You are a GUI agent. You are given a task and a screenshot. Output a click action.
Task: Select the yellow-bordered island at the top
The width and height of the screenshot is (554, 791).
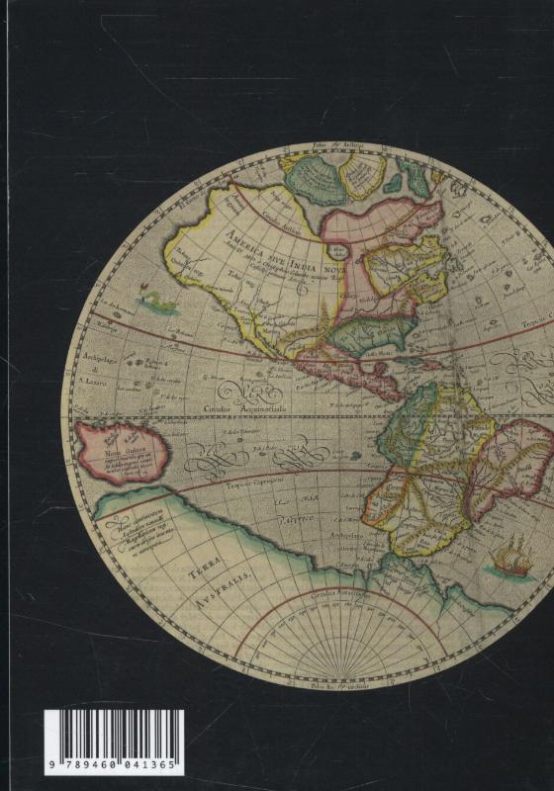[362, 175]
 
